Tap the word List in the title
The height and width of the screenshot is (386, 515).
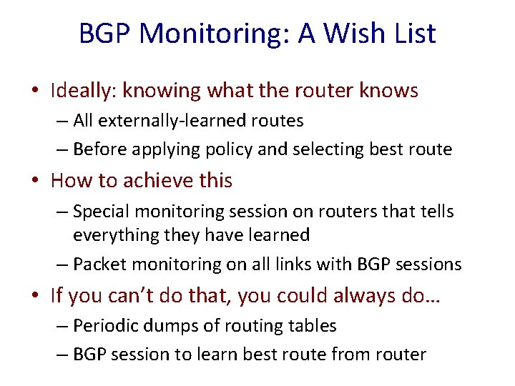click(x=412, y=34)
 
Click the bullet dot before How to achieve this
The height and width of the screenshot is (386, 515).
click(x=36, y=181)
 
